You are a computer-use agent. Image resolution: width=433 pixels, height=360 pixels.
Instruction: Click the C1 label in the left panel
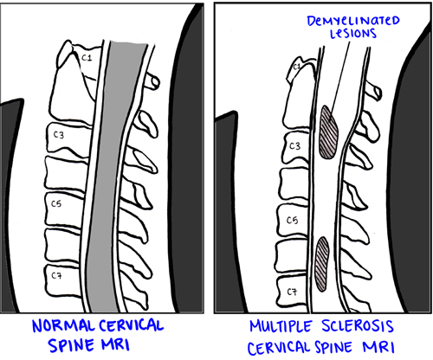(87, 58)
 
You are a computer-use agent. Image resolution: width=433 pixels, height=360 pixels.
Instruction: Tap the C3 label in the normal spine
(59, 135)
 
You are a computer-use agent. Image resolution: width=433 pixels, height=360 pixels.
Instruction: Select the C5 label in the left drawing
(56, 203)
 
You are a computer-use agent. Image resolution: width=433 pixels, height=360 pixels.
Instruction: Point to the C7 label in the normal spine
(56, 276)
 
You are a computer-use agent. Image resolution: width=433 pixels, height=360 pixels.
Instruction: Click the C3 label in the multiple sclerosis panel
(294, 146)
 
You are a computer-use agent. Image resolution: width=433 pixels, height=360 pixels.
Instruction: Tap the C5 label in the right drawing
(292, 221)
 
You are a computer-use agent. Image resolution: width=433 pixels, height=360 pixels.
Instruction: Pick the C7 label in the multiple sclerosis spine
(292, 292)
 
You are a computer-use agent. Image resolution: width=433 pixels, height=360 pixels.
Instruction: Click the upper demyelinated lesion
(328, 132)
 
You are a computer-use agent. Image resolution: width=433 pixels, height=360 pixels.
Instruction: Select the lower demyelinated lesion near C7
(322, 264)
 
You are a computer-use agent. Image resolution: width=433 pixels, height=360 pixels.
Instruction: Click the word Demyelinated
(353, 21)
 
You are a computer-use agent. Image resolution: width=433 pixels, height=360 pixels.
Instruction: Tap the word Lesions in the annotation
(353, 34)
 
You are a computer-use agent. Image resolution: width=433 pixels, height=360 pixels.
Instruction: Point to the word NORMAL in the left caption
(63, 326)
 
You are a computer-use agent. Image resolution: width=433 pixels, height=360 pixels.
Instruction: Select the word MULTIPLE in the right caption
(281, 326)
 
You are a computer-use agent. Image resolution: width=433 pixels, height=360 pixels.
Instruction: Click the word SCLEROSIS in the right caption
(358, 326)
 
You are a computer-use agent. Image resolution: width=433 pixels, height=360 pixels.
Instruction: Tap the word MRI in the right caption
(378, 347)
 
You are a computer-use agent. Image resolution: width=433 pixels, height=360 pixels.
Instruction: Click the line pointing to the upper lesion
(340, 77)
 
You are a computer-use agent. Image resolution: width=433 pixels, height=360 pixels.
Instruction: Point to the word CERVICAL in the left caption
(132, 325)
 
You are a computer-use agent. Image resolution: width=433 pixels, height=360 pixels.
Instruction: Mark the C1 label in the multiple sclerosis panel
(297, 67)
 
